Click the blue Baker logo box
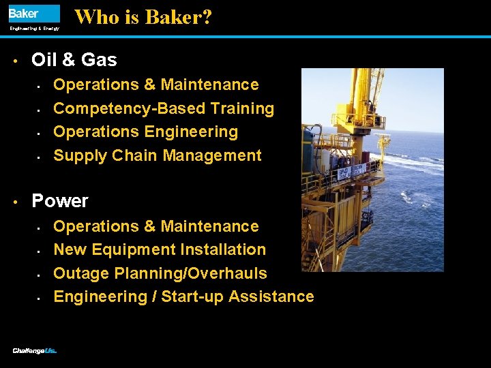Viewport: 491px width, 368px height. [x=33, y=14]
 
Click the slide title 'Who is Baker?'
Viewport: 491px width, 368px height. [x=143, y=17]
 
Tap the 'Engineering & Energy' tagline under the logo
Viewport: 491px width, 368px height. [x=34, y=29]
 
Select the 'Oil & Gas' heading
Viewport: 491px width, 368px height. [x=74, y=60]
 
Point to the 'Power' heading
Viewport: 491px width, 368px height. [x=60, y=201]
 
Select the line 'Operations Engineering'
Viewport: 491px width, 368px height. [x=145, y=132]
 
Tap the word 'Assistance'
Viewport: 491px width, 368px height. [x=271, y=296]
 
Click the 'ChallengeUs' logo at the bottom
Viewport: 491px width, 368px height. [x=34, y=351]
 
